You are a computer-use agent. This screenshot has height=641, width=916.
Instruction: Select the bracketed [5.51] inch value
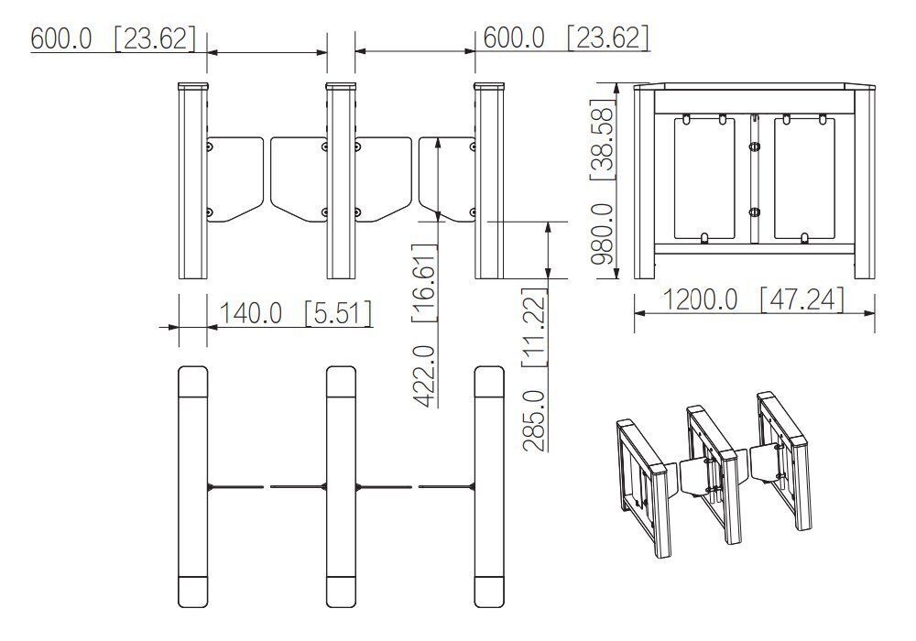tap(338, 313)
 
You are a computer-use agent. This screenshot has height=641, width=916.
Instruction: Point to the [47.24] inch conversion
tap(801, 299)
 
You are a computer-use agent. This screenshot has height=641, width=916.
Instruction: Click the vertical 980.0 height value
tap(602, 234)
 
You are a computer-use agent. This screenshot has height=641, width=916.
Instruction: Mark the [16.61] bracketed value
tap(422, 284)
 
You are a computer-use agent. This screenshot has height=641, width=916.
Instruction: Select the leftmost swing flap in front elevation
tap(234, 179)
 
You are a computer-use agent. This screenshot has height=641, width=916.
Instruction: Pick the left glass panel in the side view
tap(703, 179)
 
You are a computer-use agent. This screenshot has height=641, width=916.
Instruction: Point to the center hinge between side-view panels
tap(754, 179)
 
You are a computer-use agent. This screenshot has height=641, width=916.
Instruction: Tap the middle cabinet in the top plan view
tap(341, 486)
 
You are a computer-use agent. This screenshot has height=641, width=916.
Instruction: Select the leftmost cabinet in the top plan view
tap(192, 486)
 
